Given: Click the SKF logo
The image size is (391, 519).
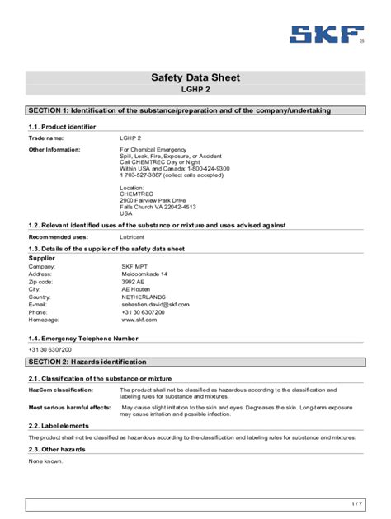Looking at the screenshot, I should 326,35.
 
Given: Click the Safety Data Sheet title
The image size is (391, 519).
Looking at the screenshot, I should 195,78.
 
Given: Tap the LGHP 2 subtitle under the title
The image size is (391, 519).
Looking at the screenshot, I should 195,89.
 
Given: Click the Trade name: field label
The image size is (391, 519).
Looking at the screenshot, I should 46,138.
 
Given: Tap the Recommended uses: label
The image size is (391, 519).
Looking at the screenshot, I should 58,237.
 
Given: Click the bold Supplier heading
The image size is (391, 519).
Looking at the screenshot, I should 42,258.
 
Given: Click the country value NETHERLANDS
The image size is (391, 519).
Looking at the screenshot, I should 144,297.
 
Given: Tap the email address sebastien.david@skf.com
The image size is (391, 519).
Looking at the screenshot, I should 155,305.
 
